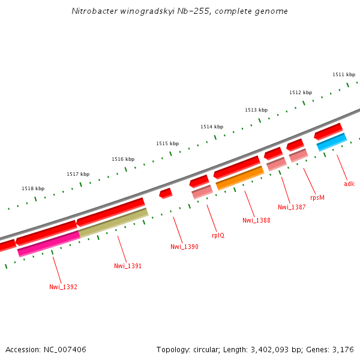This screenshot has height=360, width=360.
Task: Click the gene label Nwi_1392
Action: tap(63, 287)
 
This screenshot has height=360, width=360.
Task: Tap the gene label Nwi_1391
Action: tap(128, 266)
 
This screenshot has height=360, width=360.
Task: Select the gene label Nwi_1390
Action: tap(184, 247)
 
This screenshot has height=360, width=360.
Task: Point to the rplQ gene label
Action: tap(218, 235)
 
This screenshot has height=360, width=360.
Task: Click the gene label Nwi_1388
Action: tap(256, 220)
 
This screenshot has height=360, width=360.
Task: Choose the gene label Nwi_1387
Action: tap(292, 207)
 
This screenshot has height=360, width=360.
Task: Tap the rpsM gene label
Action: tap(317, 197)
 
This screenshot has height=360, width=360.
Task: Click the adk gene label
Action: tap(349, 184)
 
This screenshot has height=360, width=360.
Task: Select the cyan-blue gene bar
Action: tap(332, 142)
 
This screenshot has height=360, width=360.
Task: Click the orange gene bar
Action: tap(240, 178)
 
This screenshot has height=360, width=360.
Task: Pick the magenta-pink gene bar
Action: tap(49, 244)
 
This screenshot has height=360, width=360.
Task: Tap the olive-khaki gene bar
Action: tap(113, 222)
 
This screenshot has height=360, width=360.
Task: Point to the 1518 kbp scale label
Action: tap(33, 188)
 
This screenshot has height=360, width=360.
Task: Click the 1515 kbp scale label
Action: tap(167, 143)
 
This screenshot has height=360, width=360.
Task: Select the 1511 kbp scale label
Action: tap(344, 74)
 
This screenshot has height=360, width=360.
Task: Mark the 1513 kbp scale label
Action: tap(256, 110)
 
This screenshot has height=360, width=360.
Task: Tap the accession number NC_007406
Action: tap(65, 349)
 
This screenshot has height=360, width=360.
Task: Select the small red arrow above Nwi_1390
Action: tap(166, 193)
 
